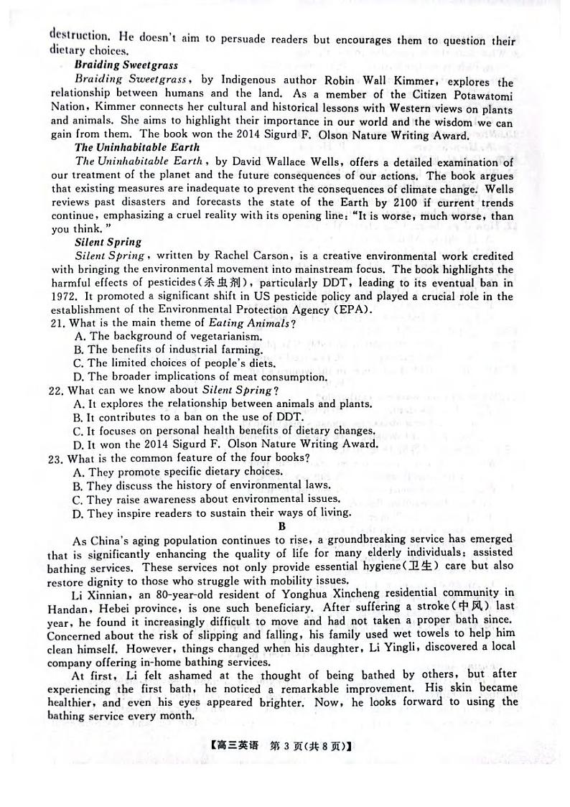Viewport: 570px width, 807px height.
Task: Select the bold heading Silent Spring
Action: point(108,242)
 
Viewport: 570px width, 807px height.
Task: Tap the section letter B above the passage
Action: point(281,526)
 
